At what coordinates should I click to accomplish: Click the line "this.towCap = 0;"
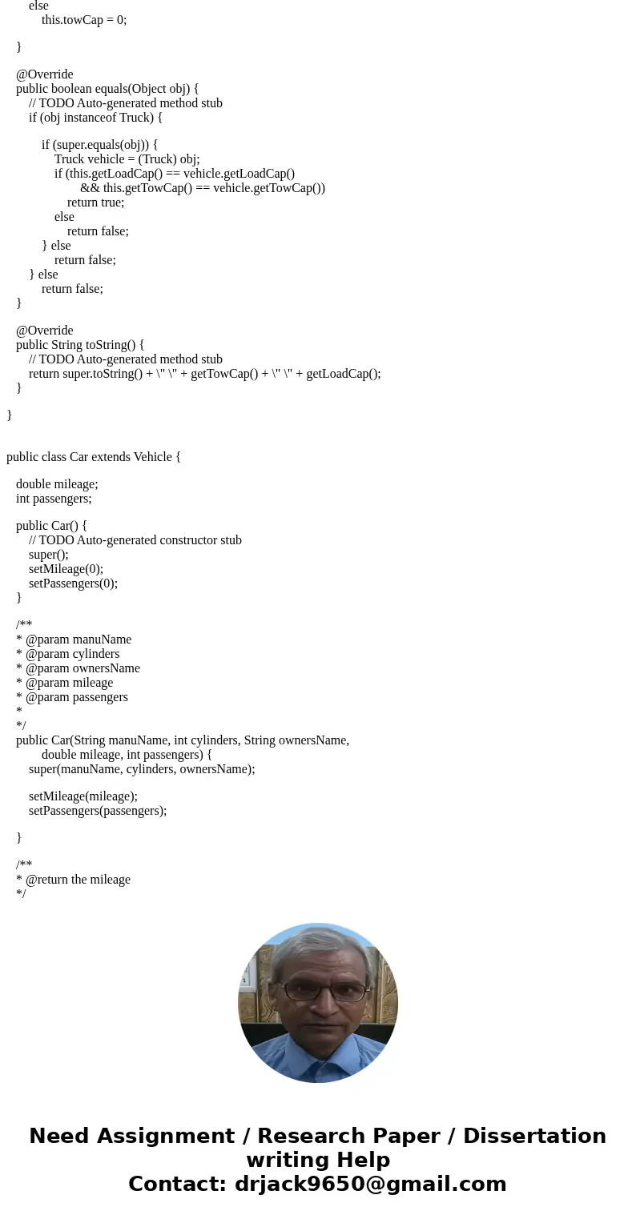[84, 19]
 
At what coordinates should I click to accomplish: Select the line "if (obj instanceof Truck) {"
[95, 118]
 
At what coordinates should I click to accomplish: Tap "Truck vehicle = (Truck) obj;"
[127, 159]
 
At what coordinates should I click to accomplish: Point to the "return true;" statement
[95, 202]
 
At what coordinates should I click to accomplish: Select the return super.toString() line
[204, 374]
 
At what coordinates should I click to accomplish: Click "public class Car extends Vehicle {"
[94, 457]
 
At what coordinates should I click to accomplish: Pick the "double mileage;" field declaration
[57, 484]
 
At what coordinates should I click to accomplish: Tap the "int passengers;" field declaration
[54, 499]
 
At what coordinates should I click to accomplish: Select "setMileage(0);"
[66, 569]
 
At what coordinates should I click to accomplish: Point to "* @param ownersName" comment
[78, 668]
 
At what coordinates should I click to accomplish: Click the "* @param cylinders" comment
[67, 654]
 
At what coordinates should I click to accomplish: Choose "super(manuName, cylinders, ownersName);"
[142, 769]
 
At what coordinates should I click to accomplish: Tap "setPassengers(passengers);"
[98, 811]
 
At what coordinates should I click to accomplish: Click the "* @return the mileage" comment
[73, 880]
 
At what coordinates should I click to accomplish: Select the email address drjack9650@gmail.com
[370, 1185]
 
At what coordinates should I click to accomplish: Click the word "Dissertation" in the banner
[534, 1137]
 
